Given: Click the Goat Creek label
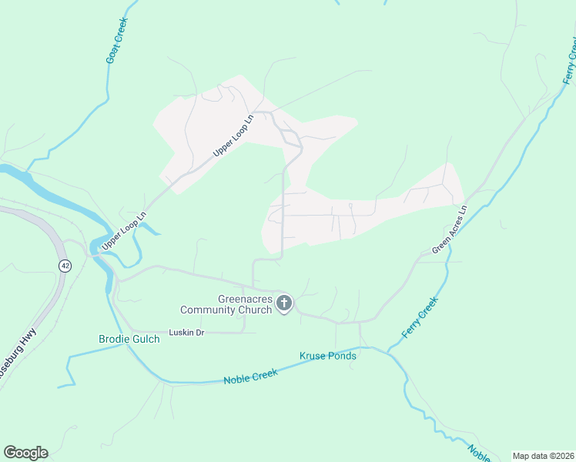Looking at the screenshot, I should (x=117, y=40).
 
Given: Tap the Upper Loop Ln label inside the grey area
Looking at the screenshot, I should (x=233, y=136).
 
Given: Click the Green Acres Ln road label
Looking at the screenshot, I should (x=450, y=229).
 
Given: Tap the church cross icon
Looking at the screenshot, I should (x=284, y=303).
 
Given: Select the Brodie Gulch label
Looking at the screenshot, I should (x=129, y=340).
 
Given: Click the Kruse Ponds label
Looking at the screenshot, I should (x=327, y=356).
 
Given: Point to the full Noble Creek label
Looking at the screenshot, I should (x=250, y=377).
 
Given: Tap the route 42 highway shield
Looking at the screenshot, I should (x=64, y=265).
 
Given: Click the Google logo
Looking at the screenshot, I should (x=25, y=453).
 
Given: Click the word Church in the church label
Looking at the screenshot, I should (x=255, y=310).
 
